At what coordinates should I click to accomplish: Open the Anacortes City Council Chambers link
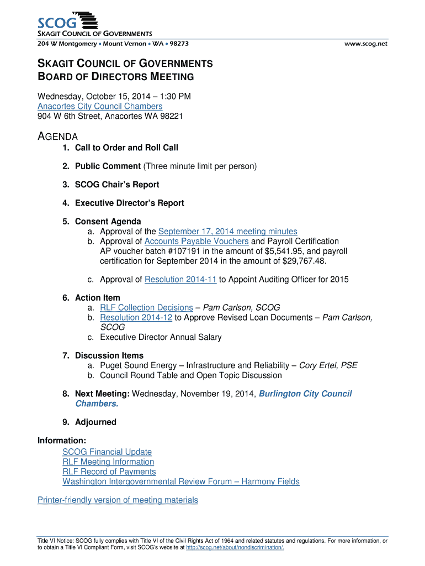point(100,106)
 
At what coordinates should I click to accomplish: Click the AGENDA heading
point(57,137)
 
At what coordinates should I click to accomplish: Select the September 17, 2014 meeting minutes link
point(227,232)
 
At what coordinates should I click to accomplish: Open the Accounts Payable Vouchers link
point(196,242)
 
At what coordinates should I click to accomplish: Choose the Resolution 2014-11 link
point(180,280)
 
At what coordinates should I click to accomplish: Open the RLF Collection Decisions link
point(146,307)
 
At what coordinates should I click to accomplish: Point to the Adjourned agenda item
point(95,422)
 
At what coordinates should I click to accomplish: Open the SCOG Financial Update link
point(107,452)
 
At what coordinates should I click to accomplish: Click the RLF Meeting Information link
point(108,462)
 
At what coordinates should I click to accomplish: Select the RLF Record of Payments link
point(109,472)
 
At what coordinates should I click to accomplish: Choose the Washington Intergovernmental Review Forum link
point(181,482)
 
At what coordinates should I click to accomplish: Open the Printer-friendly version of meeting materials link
point(118,500)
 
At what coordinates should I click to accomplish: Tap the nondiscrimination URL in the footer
point(235,548)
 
